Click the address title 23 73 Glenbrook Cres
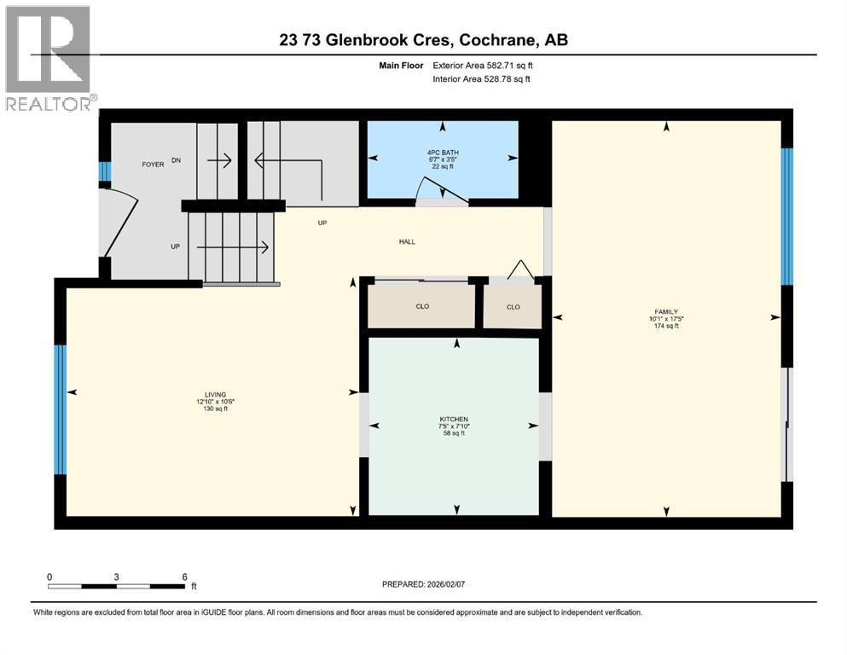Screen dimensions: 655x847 (x=423, y=39)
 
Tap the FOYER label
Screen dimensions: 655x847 (x=153, y=164)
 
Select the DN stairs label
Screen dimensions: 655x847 (x=177, y=159)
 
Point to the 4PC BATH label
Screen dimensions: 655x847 (x=443, y=154)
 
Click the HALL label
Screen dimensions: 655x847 (x=407, y=242)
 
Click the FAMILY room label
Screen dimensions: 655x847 (x=667, y=311)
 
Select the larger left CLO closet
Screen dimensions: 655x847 (x=421, y=306)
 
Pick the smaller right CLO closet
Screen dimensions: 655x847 (x=513, y=307)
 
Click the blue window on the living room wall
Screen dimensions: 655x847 (x=60, y=409)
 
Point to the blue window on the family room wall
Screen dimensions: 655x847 (x=787, y=216)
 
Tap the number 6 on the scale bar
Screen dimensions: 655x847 (x=184, y=577)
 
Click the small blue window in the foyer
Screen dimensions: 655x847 (x=104, y=171)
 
